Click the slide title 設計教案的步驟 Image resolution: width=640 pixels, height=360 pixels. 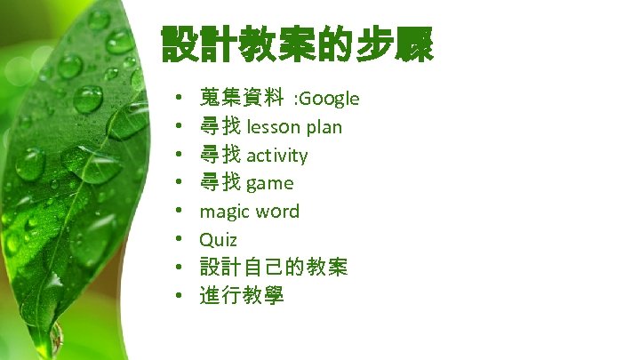pyautogui.click(x=297, y=44)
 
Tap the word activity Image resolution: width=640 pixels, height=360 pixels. pyautogui.click(x=277, y=155)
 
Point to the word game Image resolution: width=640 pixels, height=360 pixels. pyautogui.click(x=269, y=183)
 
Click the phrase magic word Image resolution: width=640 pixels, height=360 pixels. pyautogui.click(x=249, y=212)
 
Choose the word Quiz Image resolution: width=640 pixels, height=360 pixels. pyautogui.click(x=218, y=239)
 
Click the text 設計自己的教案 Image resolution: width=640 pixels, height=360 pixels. pyautogui.click(x=273, y=267)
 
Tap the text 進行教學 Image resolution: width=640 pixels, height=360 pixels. pyautogui.click(x=242, y=295)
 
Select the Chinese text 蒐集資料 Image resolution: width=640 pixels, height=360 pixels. pyautogui.click(x=242, y=98)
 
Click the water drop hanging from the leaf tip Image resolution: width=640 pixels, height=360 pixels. pyautogui.click(x=55, y=337)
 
